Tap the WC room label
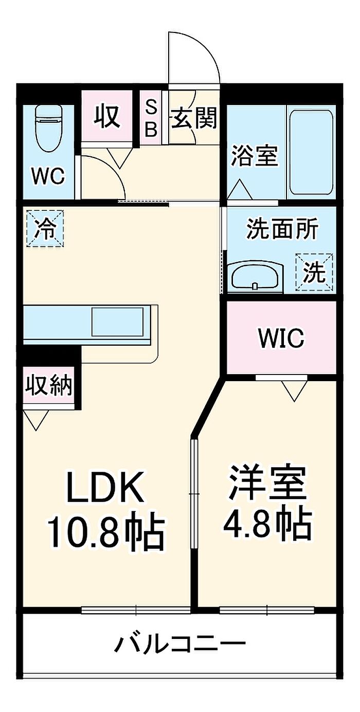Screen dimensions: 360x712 point(49,175)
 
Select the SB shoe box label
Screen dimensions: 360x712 point(151,118)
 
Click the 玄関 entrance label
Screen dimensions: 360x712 point(194,118)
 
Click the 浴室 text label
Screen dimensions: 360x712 point(254,156)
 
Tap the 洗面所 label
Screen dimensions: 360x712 point(282,229)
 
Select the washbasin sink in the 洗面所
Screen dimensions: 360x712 point(255,276)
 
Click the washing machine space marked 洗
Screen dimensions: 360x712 point(314,272)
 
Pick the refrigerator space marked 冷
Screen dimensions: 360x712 point(45,228)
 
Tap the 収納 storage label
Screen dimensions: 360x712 point(49,385)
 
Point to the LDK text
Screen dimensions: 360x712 point(103,488)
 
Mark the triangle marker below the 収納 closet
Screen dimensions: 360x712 point(36,420)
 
